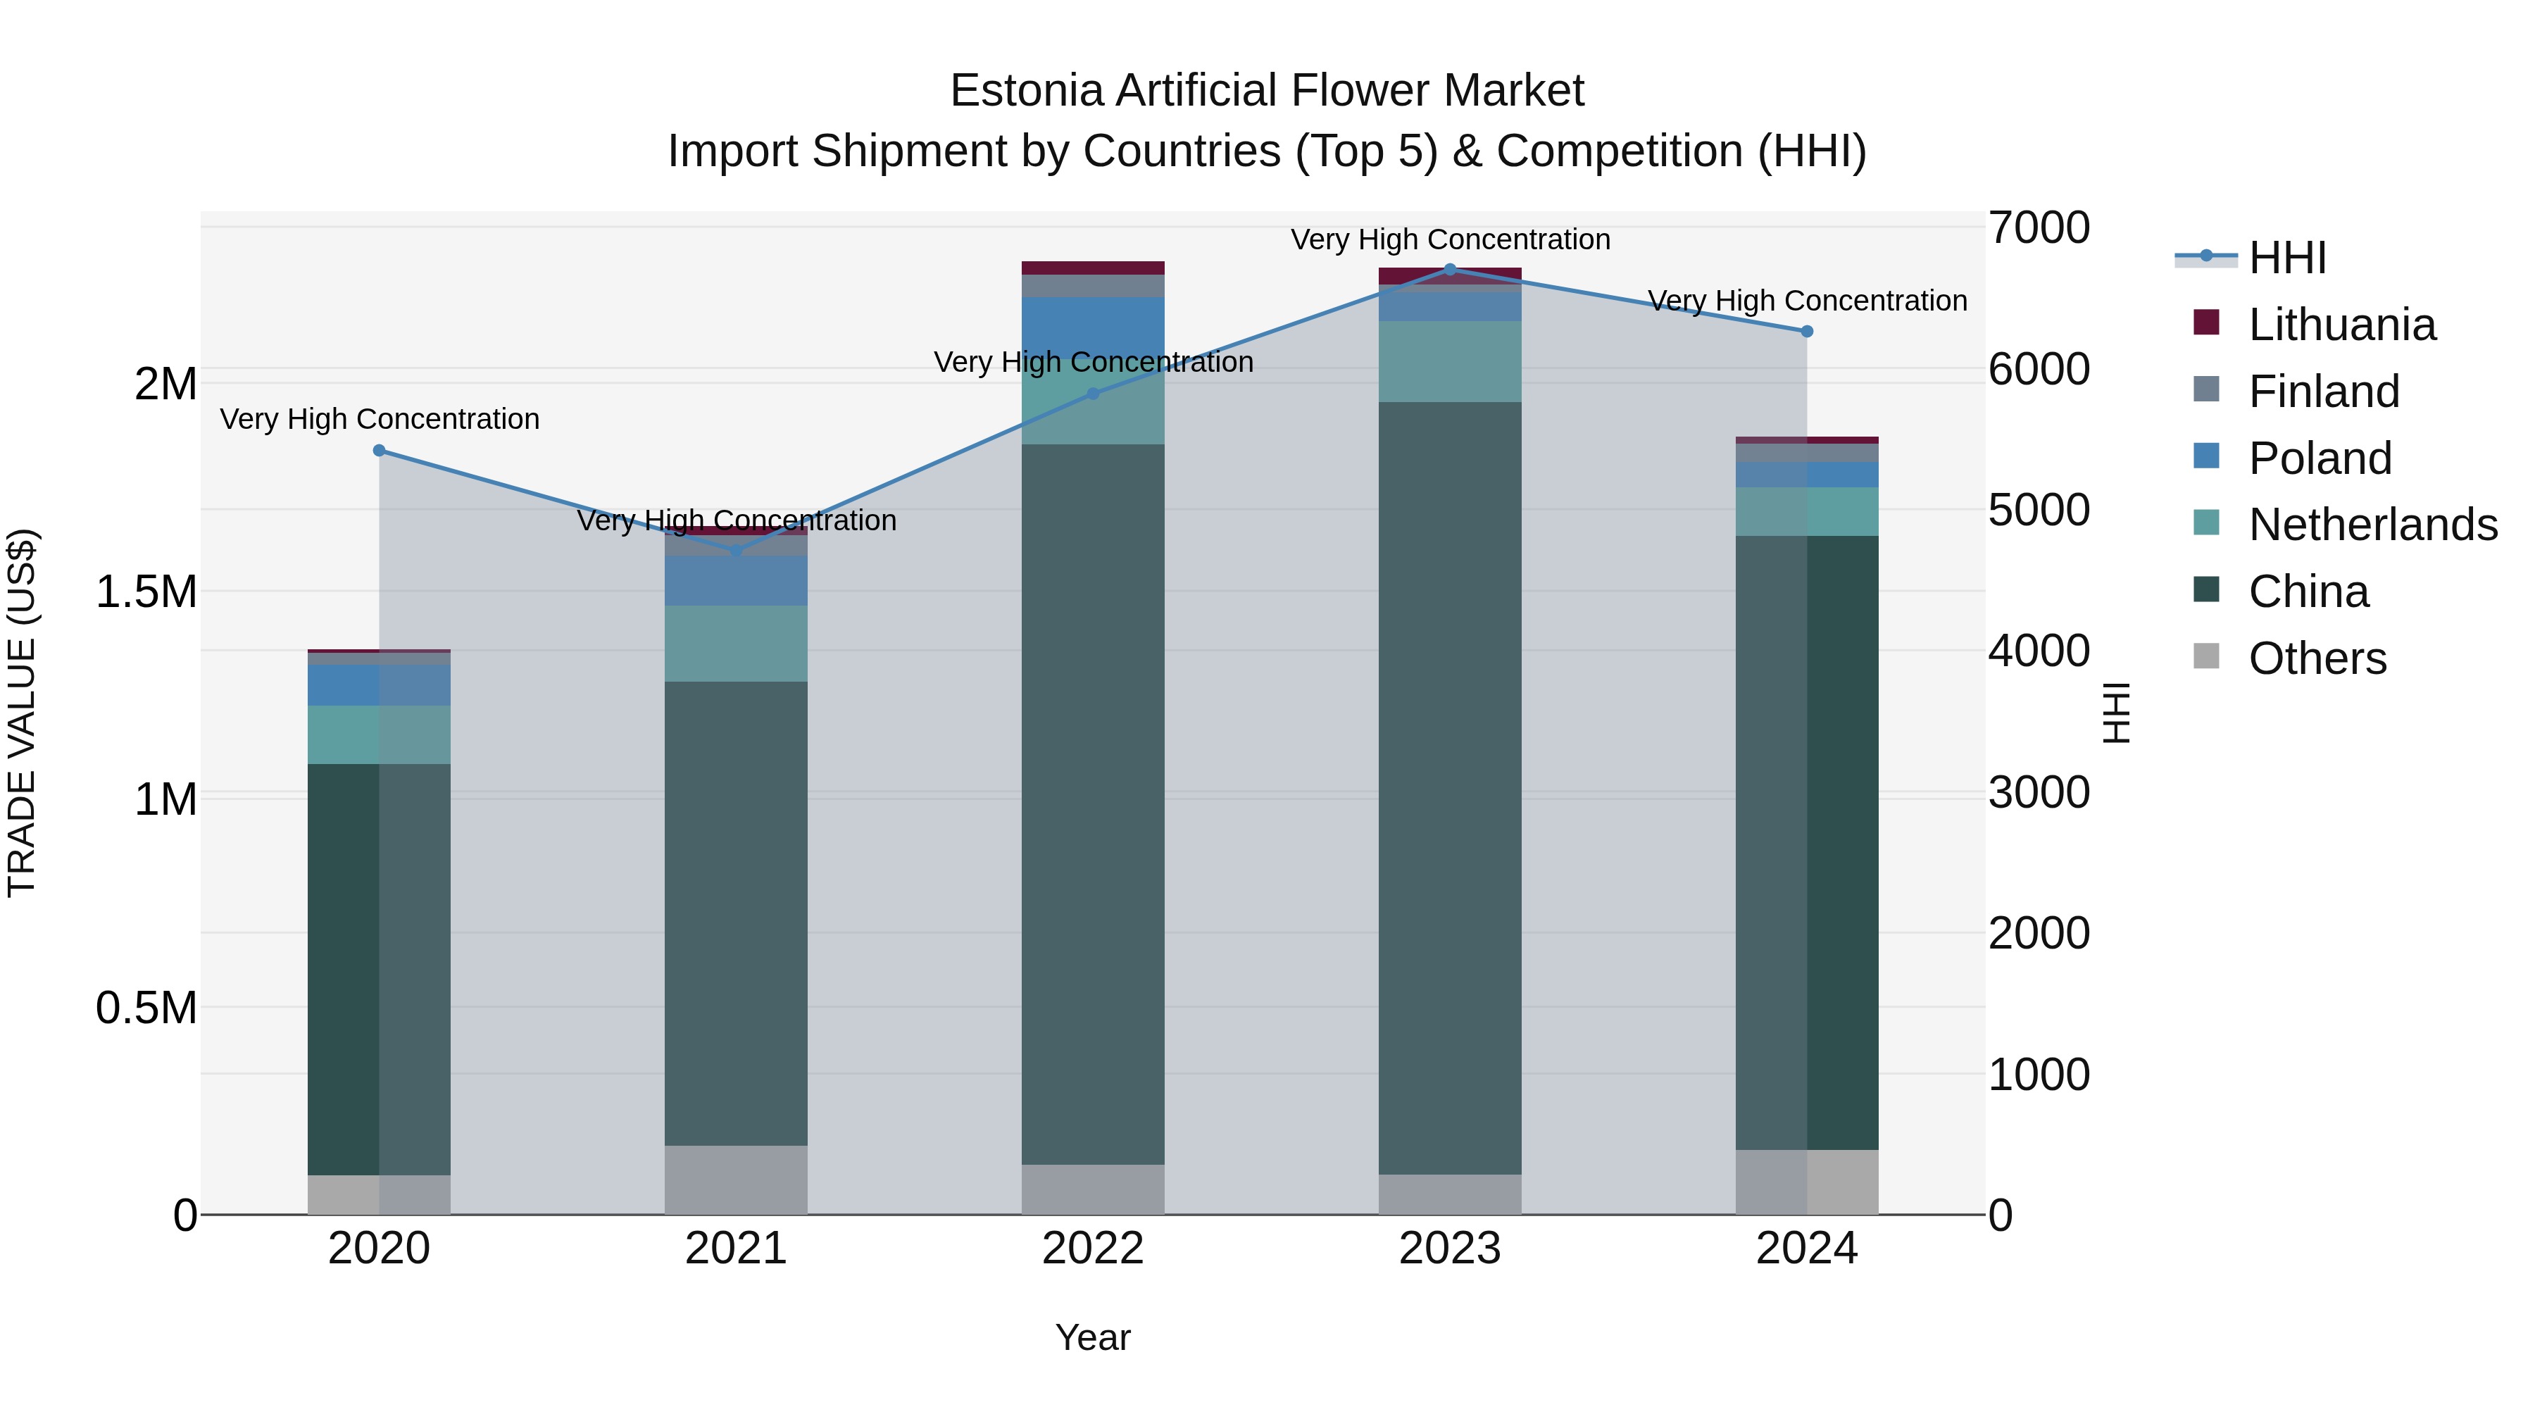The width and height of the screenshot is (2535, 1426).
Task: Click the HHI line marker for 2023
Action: point(1450,269)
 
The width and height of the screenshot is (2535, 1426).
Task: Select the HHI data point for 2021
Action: point(736,550)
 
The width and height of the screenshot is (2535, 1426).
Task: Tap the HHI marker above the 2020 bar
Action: point(380,451)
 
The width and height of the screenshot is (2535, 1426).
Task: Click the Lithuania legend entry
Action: point(2341,325)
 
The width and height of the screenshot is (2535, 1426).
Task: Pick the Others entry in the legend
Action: point(2317,658)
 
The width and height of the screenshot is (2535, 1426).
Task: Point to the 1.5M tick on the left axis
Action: point(146,592)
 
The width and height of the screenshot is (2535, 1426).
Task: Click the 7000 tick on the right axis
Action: point(2038,227)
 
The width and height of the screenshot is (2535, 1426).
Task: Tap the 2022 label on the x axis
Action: point(1092,1249)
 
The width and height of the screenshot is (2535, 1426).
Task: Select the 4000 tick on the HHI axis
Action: point(2038,651)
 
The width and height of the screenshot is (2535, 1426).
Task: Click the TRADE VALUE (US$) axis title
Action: point(22,713)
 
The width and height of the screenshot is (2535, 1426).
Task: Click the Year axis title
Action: point(1092,1337)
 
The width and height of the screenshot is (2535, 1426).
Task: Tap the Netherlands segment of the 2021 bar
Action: point(736,643)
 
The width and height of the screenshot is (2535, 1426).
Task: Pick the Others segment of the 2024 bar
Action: point(1807,1181)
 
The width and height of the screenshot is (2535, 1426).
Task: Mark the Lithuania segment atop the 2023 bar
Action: point(1450,275)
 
